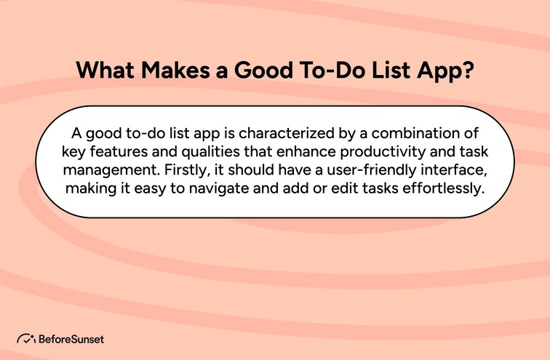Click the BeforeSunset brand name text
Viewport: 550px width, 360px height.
71,339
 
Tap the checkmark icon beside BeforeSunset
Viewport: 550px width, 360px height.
27,339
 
